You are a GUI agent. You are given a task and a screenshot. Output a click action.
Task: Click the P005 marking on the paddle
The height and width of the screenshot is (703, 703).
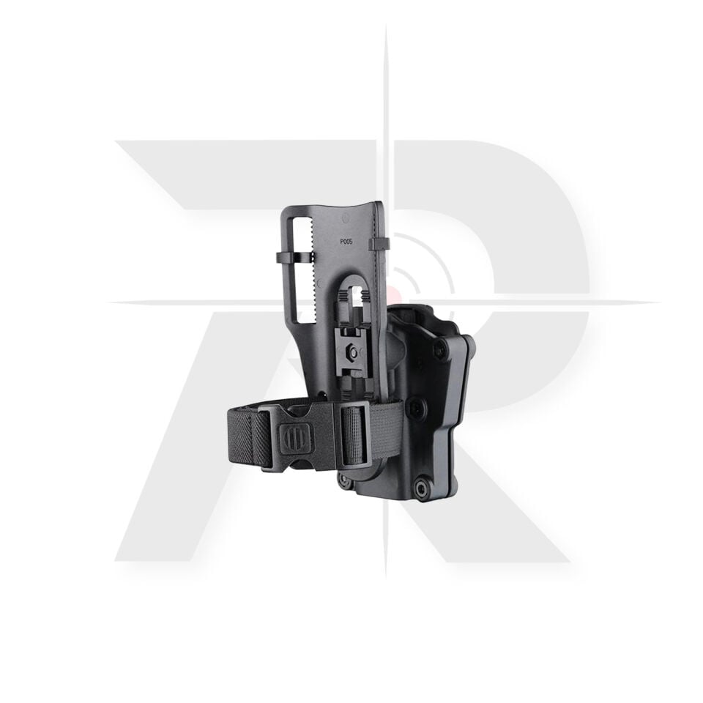(x=346, y=241)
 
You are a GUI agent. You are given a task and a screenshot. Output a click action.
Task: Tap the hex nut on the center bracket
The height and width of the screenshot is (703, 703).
(x=353, y=352)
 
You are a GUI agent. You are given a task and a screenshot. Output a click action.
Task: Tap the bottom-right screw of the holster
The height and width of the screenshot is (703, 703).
(x=422, y=488)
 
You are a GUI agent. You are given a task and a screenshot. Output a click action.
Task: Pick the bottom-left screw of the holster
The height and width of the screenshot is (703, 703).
(x=345, y=481)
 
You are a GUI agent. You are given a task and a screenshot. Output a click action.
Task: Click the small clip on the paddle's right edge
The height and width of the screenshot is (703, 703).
(x=379, y=244)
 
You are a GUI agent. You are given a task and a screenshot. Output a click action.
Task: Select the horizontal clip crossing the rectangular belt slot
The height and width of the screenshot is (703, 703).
(x=295, y=258)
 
